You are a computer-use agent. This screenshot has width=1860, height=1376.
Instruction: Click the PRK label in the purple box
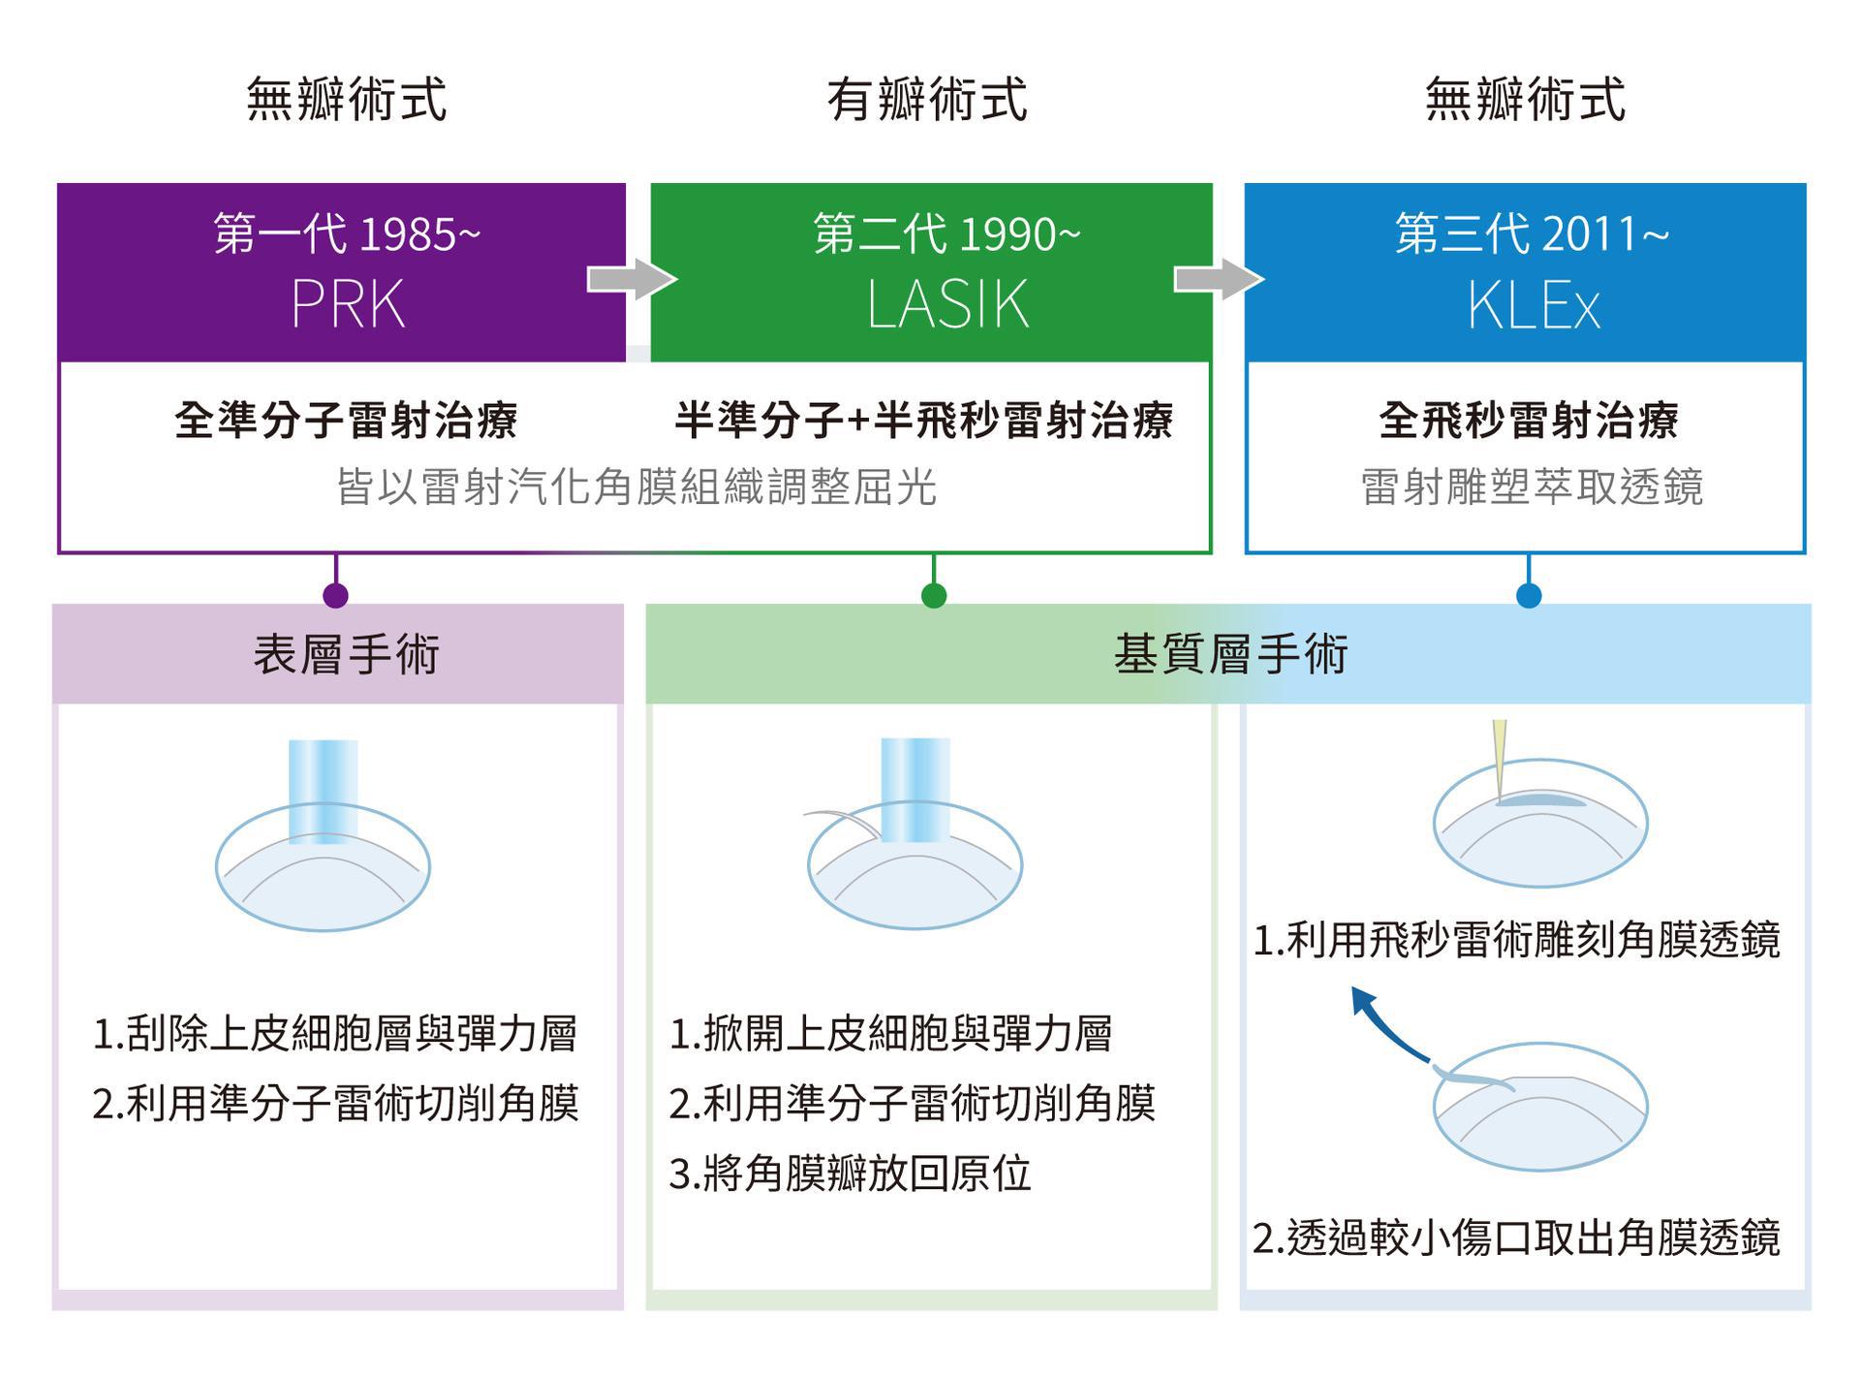tap(348, 304)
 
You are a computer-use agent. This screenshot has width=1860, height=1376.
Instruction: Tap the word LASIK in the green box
tap(946, 304)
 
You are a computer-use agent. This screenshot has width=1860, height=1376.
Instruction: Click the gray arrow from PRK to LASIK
tap(631, 280)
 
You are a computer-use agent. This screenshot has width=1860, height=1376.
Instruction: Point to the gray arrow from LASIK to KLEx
tap(1218, 279)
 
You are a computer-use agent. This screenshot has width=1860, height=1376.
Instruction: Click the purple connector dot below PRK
tap(335, 595)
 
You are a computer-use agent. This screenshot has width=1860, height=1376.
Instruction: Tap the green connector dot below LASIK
tap(934, 595)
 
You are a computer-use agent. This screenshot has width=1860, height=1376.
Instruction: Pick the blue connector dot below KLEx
tap(1529, 595)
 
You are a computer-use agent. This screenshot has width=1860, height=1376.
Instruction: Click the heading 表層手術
tap(347, 654)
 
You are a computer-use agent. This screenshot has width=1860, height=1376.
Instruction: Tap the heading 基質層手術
tap(1230, 654)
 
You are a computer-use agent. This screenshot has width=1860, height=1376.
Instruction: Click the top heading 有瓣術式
tap(927, 100)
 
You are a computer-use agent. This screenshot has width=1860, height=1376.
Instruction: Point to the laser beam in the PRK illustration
tap(324, 790)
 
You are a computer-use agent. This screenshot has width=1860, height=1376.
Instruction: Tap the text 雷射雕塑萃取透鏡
tap(1532, 486)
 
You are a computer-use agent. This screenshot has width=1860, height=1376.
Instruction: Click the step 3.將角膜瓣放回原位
tap(850, 1173)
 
